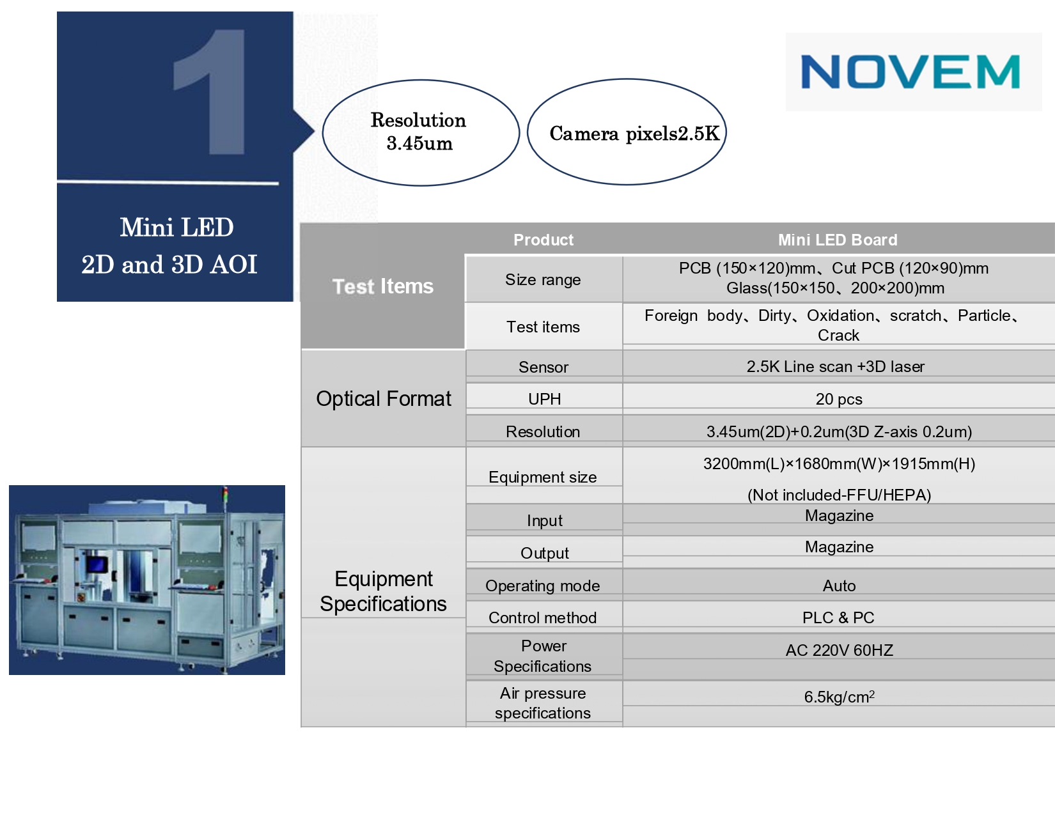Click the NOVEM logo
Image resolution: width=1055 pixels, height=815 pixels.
pyautogui.click(x=910, y=72)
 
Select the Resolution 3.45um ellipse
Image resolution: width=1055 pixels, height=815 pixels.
pyautogui.click(x=421, y=132)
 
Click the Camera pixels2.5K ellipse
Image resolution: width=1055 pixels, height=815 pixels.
pyautogui.click(x=627, y=132)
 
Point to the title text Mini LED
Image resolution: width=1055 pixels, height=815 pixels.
pyautogui.click(x=176, y=227)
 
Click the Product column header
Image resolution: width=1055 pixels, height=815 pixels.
pyautogui.click(x=543, y=240)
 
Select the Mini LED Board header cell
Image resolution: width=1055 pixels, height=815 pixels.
pyautogui.click(x=838, y=240)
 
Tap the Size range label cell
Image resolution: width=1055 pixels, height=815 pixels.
pyautogui.click(x=543, y=279)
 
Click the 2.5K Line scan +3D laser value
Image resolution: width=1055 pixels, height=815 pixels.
pyautogui.click(x=835, y=366)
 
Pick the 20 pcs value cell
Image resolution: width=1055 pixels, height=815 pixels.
pyautogui.click(x=838, y=399)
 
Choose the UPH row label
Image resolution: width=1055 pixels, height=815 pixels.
pyautogui.click(x=544, y=399)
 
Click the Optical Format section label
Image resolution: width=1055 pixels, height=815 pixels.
pyautogui.click(x=384, y=398)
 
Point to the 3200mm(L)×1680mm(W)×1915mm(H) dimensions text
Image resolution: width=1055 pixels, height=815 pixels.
pyautogui.click(x=839, y=464)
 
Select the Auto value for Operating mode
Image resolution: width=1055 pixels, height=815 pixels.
pyautogui.click(x=839, y=586)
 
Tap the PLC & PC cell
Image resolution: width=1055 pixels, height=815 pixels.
pyautogui.click(x=838, y=617)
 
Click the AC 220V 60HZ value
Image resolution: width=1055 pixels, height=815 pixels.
pyautogui.click(x=839, y=650)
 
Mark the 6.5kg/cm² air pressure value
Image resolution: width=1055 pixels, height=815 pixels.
pyautogui.click(x=839, y=697)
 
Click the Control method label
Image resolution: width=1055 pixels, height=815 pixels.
pyautogui.click(x=542, y=617)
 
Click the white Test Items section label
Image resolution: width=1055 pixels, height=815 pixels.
pyautogui.click(x=382, y=286)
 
